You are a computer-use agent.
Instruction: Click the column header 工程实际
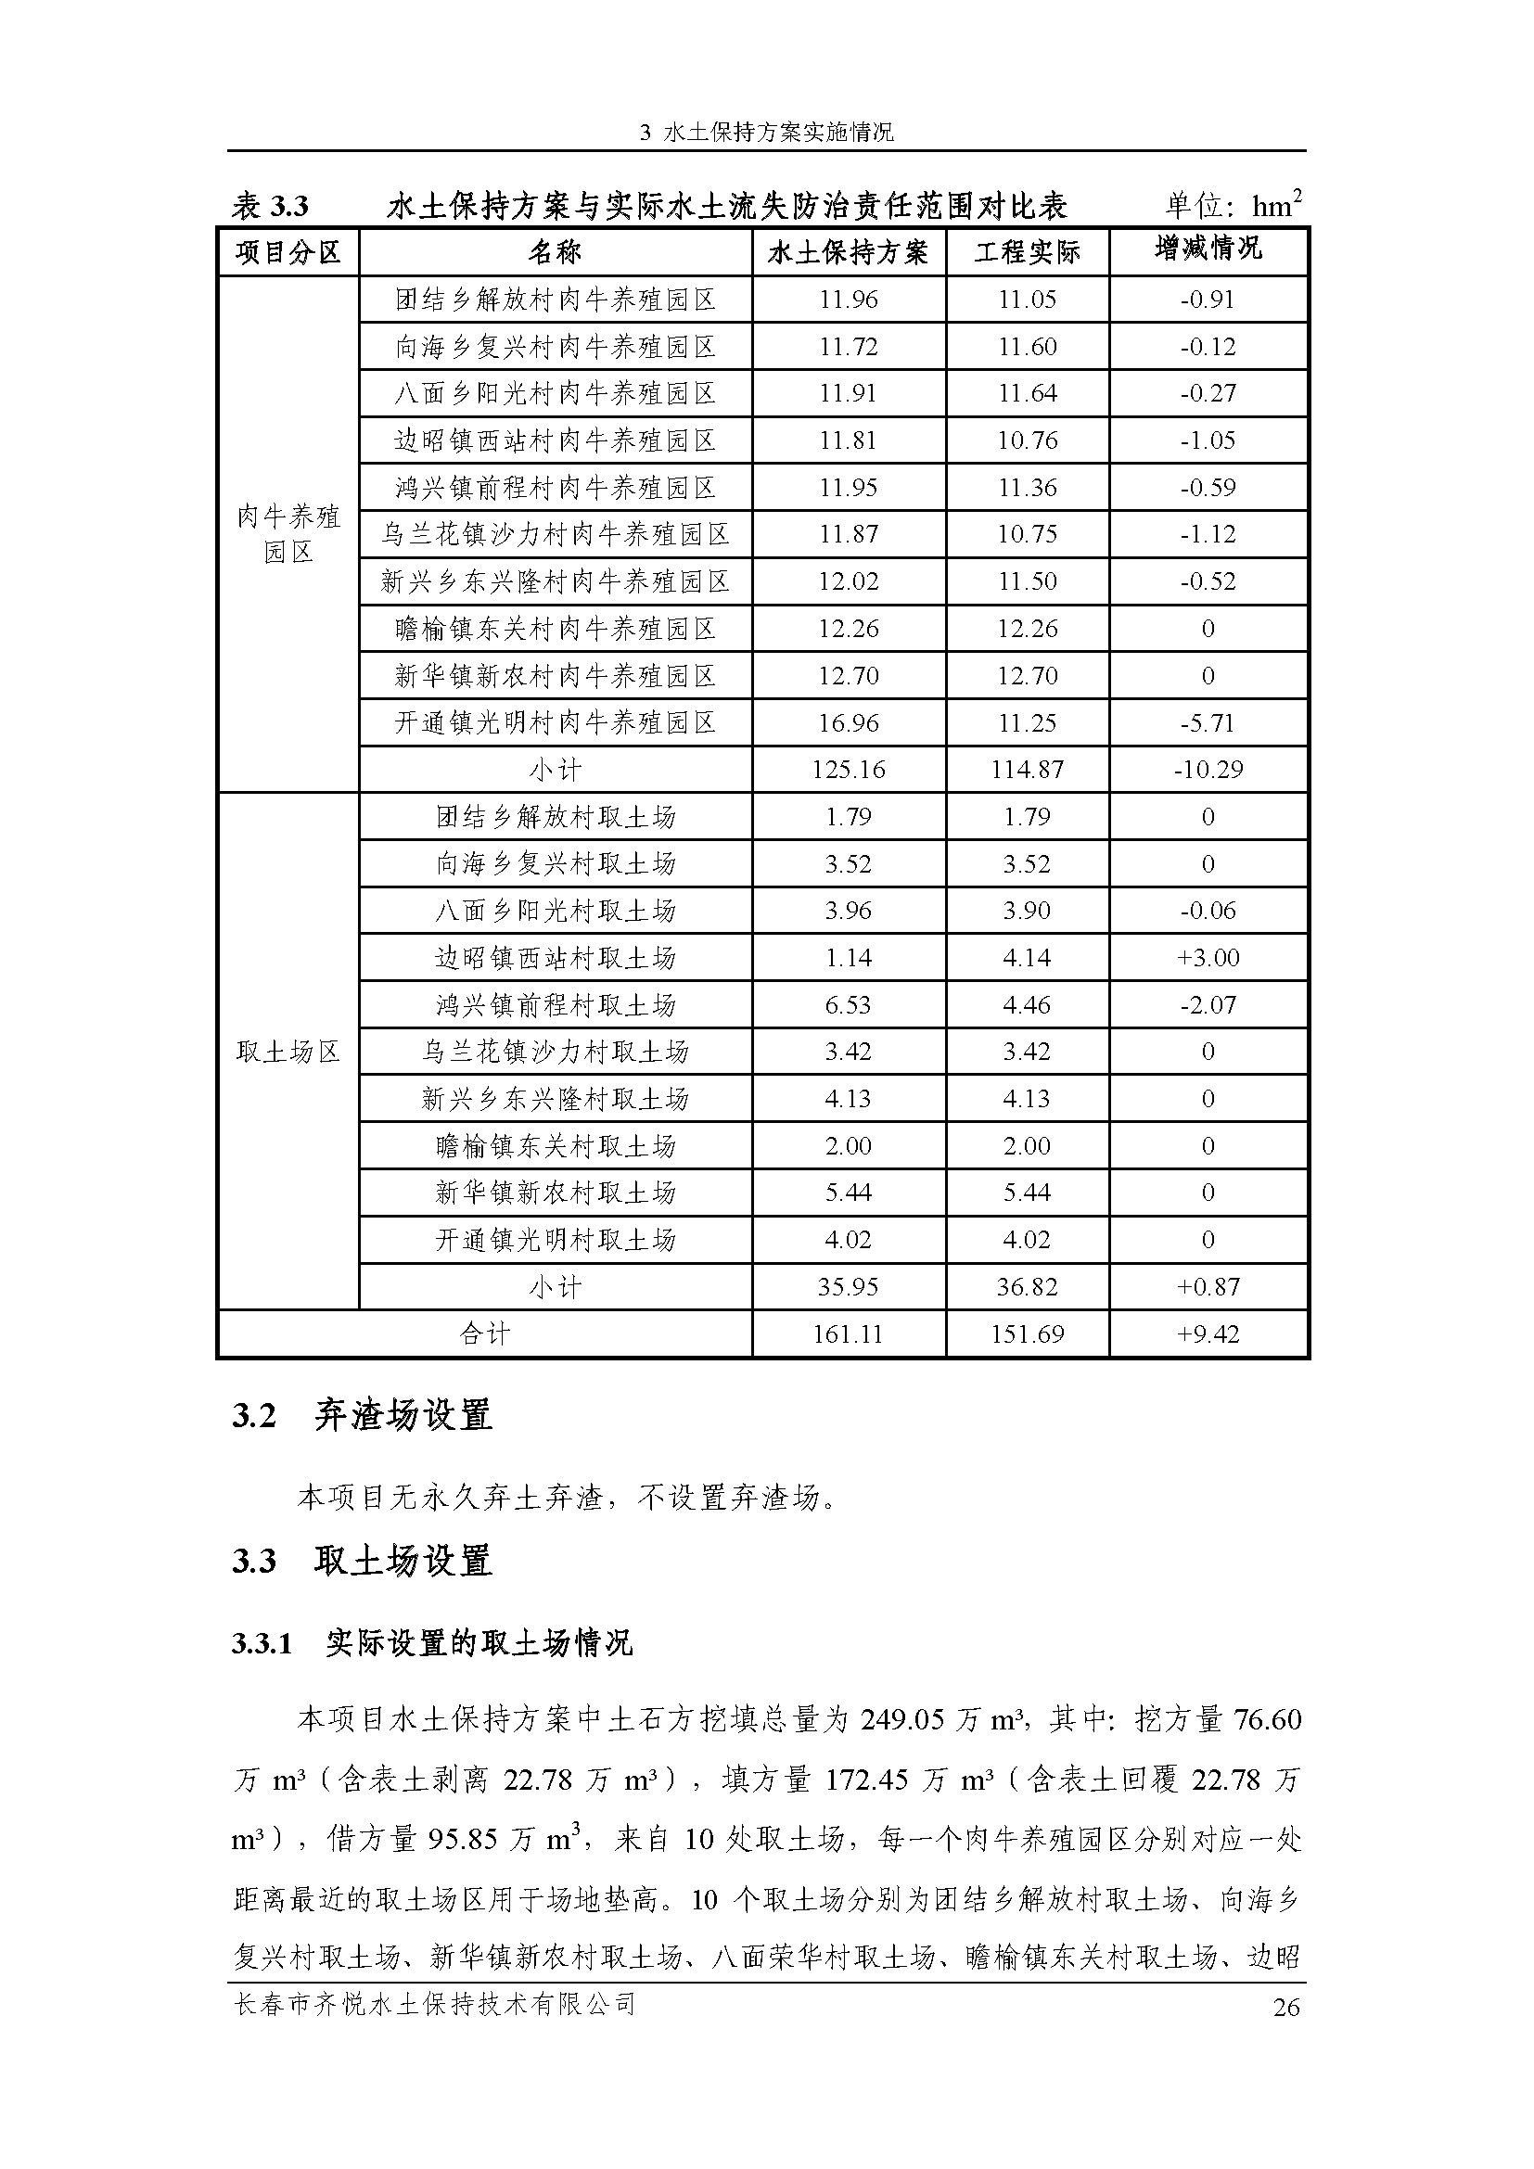coord(1027,252)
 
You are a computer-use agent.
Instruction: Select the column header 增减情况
coord(1208,249)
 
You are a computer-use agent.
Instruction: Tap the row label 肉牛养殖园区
coord(288,534)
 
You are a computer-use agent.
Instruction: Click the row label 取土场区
coord(288,1052)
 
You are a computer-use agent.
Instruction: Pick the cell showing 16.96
coord(849,723)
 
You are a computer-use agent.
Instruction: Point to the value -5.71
coord(1208,723)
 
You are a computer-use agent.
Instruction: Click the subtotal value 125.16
coord(849,770)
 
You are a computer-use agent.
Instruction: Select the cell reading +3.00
coord(1208,958)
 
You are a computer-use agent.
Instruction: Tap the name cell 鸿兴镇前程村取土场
coord(556,1005)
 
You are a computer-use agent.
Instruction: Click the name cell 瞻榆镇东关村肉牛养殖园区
coord(556,629)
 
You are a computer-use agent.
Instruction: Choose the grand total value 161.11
coord(848,1333)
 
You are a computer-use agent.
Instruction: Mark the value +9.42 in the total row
coord(1208,1333)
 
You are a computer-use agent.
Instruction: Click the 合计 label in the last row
coord(484,1333)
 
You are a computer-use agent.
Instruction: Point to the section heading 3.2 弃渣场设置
coord(362,1416)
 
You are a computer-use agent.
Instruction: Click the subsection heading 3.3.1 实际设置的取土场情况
coord(431,1644)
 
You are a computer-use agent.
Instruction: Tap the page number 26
coord(1286,2008)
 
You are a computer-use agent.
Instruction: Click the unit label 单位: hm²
coord(1233,205)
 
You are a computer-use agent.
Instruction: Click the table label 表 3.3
coord(270,206)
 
